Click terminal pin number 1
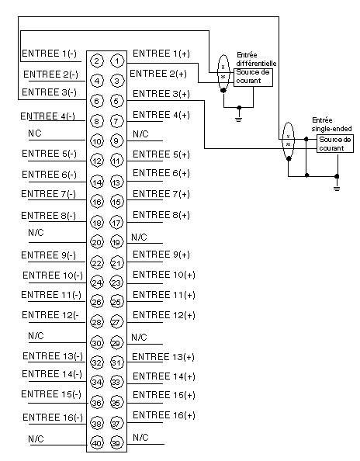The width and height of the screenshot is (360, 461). [x=117, y=61]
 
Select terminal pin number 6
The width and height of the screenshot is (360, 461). [x=97, y=101]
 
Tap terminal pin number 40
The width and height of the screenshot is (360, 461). [x=97, y=443]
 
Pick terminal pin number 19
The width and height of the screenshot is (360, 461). [x=117, y=242]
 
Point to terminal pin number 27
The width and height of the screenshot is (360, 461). [x=117, y=322]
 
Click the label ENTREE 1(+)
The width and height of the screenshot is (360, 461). [x=161, y=54]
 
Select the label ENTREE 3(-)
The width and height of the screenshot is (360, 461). [x=49, y=92]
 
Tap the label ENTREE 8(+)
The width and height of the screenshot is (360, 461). [x=161, y=215]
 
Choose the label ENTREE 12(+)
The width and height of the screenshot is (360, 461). [x=164, y=315]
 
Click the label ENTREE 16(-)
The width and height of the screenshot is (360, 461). [x=53, y=418]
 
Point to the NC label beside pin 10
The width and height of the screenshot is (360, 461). [x=35, y=133]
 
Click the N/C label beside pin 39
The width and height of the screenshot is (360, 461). [x=140, y=437]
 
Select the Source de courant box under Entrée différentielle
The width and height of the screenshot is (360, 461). [x=253, y=78]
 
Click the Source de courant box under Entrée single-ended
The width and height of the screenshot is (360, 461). [x=334, y=144]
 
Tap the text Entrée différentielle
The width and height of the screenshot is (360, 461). [x=256, y=59]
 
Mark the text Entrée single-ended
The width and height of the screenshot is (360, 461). [x=331, y=124]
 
